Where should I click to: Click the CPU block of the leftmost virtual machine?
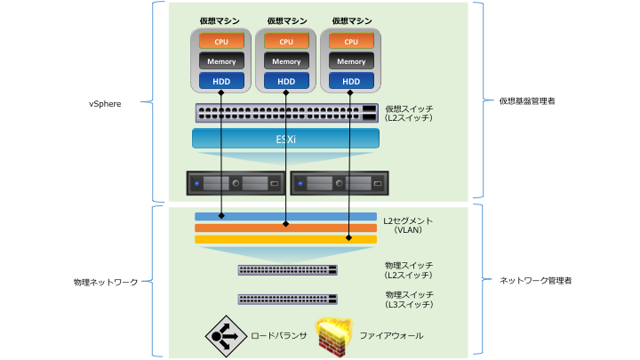pos(221,41)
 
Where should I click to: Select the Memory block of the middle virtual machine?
pos(286,61)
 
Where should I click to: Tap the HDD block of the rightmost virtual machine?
pos(351,81)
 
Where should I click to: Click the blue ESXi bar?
pos(285,139)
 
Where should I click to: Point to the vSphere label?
pos(105,104)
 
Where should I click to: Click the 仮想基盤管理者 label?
pos(527,100)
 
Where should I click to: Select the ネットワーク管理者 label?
pos(535,280)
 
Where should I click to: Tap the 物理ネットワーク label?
pos(106,282)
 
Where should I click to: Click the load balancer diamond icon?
pos(226,336)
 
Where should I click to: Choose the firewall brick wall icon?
pos(334,337)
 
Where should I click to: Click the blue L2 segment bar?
pos(285,216)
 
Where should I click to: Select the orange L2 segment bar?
pos(285,228)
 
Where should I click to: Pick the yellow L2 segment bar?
pos(285,239)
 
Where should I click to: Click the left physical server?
pos(236,183)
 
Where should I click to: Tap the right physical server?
pos(340,183)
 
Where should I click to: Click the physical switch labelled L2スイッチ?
pos(288,270)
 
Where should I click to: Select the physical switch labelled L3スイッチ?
pos(288,300)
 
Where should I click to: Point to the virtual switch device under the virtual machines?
pos(286,113)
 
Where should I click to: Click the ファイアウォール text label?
pos(391,335)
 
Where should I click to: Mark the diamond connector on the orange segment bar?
pos(285,224)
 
